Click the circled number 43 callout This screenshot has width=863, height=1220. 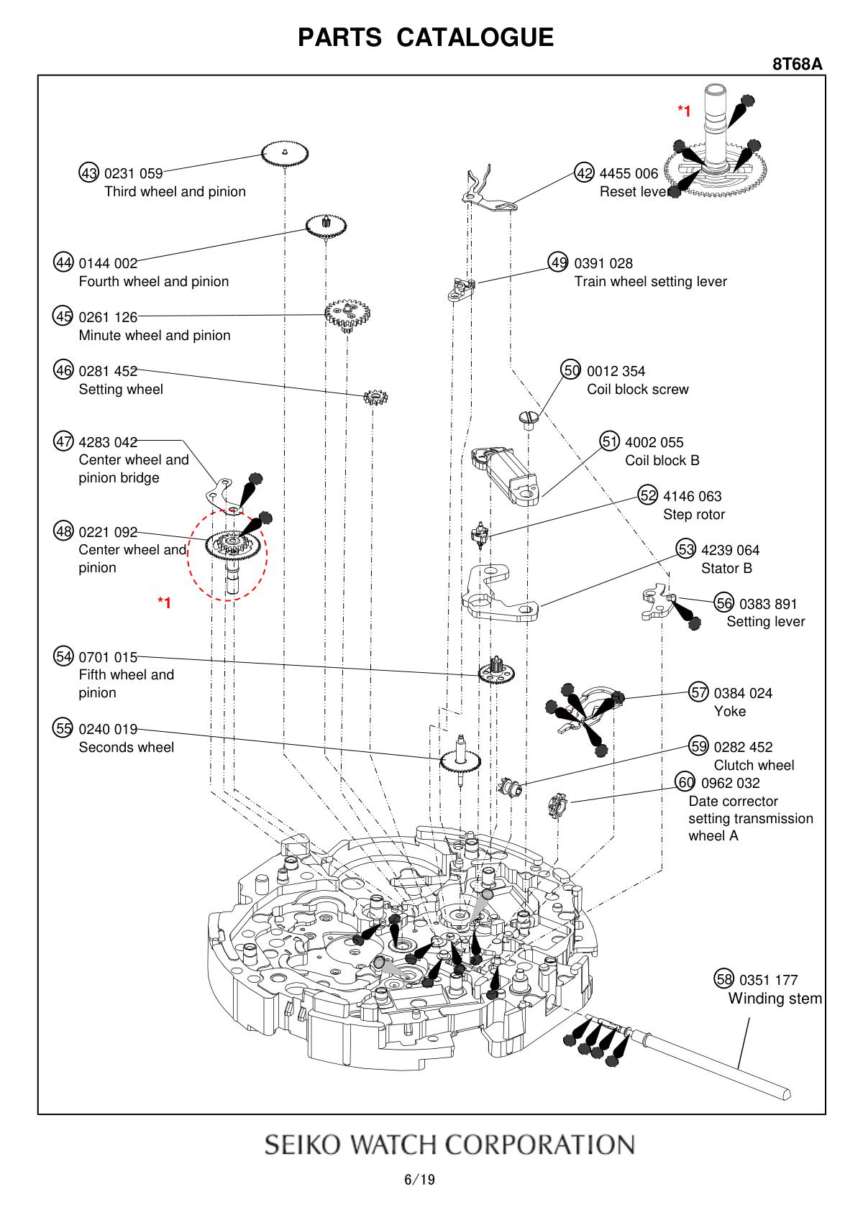[x=89, y=173]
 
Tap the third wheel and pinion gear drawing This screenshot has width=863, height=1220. [x=285, y=153]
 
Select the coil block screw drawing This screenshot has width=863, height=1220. [x=528, y=418]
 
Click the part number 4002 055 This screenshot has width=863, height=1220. [x=654, y=442]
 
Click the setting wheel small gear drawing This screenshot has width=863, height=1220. [x=375, y=397]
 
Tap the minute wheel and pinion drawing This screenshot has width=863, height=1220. [x=349, y=314]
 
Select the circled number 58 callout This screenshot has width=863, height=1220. [x=724, y=979]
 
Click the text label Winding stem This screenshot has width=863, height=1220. [x=775, y=998]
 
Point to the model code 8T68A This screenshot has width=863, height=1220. [x=797, y=64]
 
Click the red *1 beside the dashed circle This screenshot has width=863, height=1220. [x=165, y=602]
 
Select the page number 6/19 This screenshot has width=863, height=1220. [x=420, y=1180]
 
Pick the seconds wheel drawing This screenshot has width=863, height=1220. [x=460, y=759]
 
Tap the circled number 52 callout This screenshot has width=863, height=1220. [x=648, y=495]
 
